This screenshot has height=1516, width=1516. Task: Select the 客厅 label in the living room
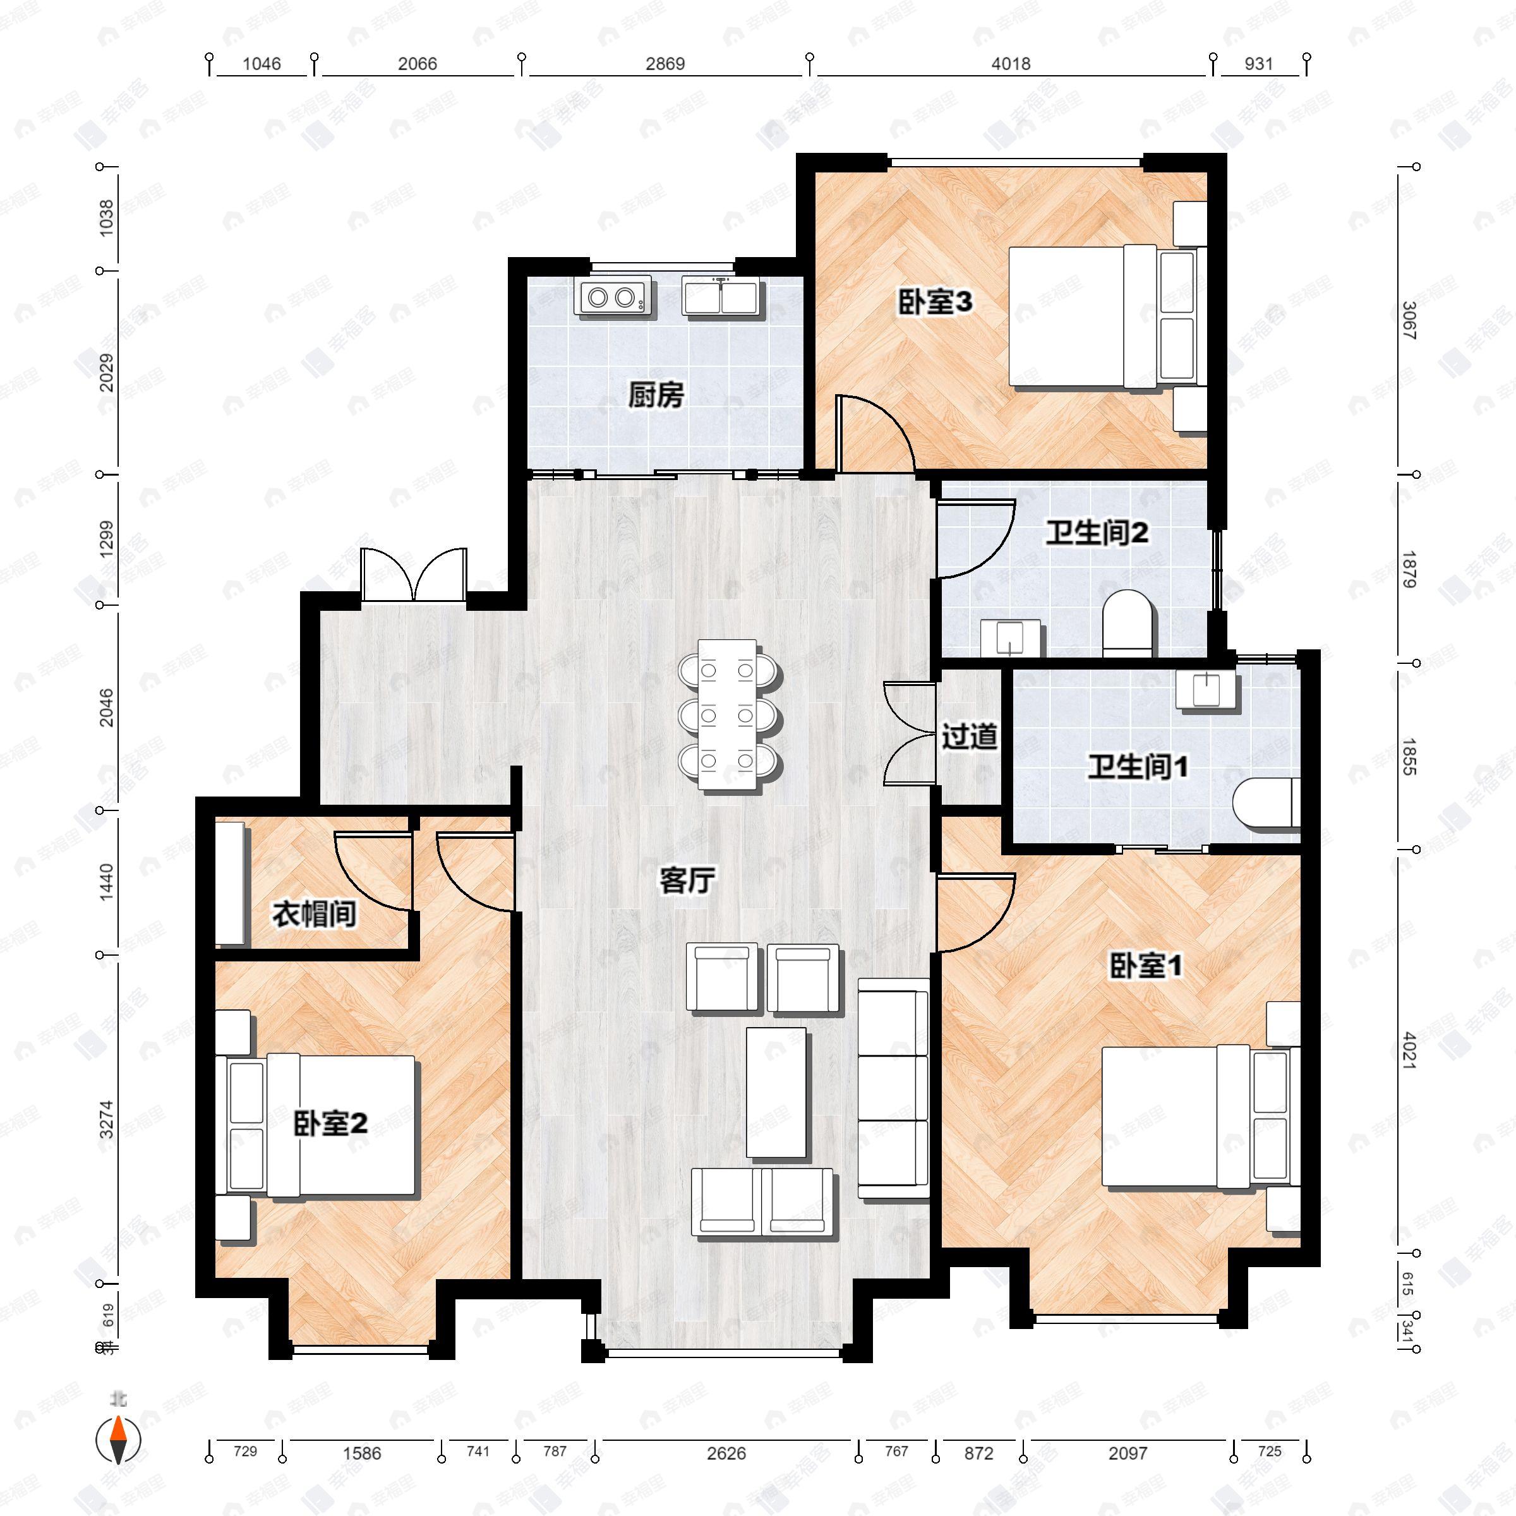687,881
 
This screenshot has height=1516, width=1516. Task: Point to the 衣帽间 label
314,913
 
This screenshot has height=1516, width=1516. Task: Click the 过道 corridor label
969,736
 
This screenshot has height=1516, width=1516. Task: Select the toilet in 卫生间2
1128,625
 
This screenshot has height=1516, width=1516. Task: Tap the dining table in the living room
729,715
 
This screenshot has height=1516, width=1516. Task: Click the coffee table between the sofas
775,1092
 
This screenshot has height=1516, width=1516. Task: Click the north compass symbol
119,1440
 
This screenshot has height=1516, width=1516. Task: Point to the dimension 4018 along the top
1011,64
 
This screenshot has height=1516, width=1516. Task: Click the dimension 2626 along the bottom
726,1453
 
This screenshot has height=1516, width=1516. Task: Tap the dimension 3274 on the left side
107,1120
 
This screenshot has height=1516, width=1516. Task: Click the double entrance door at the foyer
414,577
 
